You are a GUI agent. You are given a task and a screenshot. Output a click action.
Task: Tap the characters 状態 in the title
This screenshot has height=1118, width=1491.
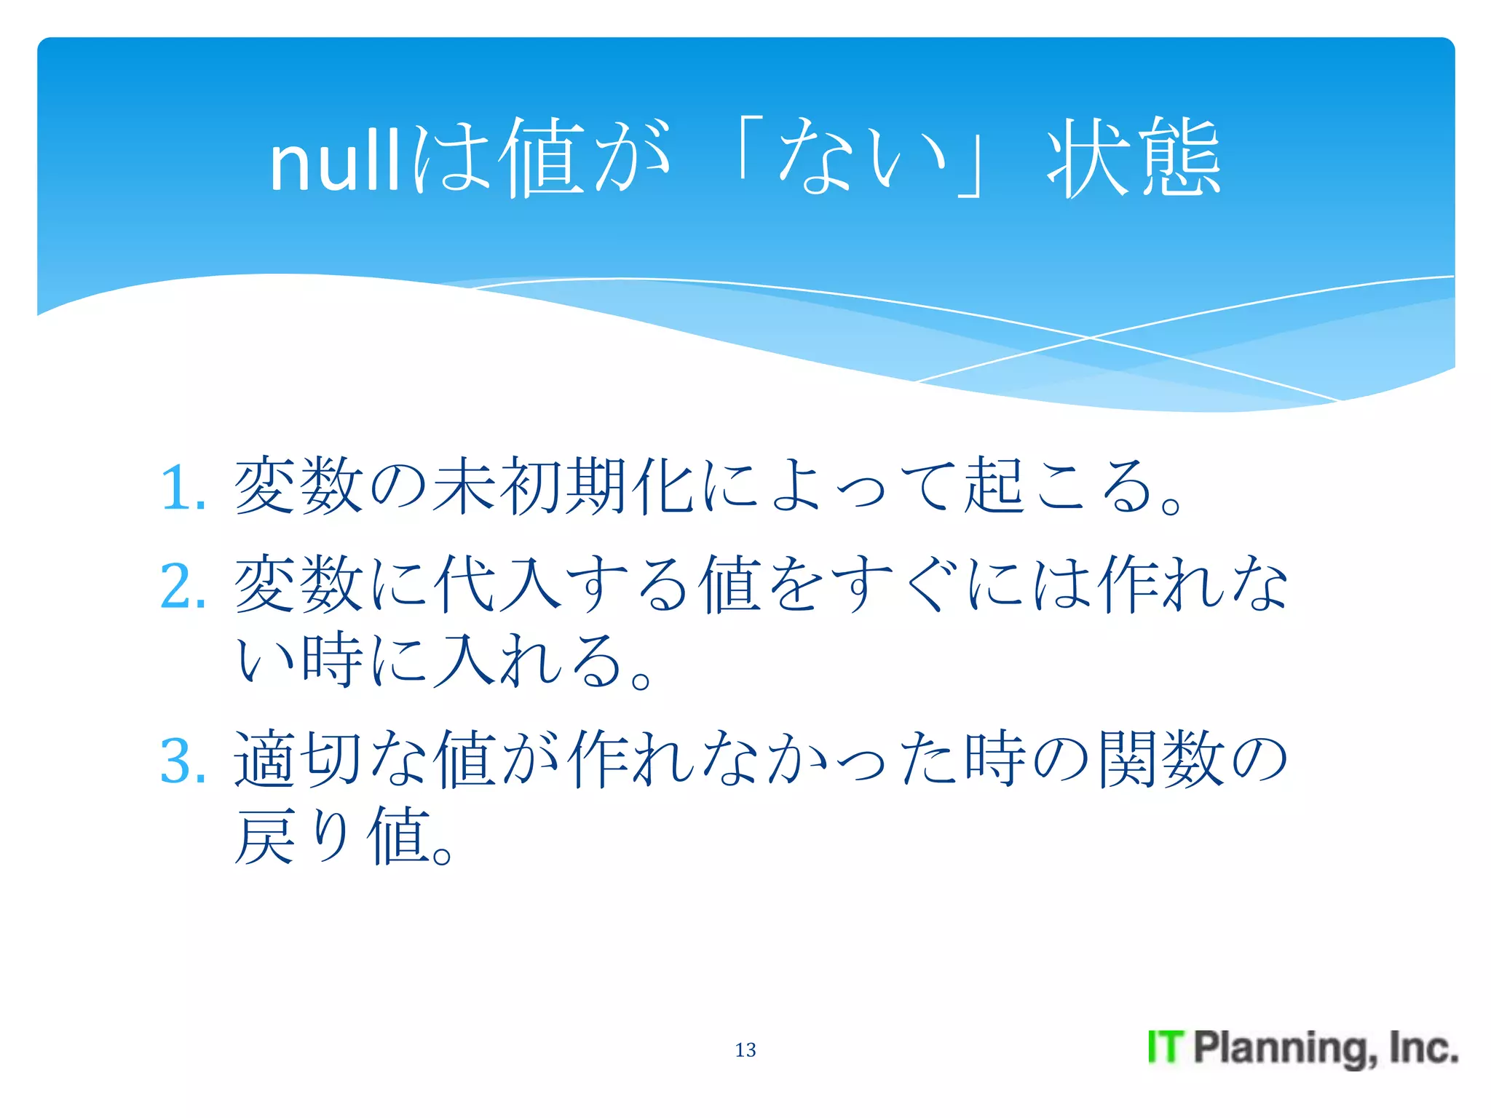point(1134,159)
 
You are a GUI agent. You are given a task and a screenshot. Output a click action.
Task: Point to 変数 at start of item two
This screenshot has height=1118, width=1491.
point(298,583)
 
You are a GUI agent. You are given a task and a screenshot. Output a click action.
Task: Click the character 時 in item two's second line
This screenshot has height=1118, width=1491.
point(332,660)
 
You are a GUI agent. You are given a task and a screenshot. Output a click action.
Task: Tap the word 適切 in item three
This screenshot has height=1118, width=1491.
point(298,759)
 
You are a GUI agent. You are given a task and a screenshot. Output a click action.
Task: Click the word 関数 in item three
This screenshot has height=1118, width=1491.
point(1161,759)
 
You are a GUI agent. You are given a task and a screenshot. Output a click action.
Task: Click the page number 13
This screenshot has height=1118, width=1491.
point(745,1050)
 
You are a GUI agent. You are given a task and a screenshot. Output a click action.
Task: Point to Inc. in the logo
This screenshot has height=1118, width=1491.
point(1423,1047)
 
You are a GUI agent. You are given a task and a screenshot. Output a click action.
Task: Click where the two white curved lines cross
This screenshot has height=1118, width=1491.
point(1090,338)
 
